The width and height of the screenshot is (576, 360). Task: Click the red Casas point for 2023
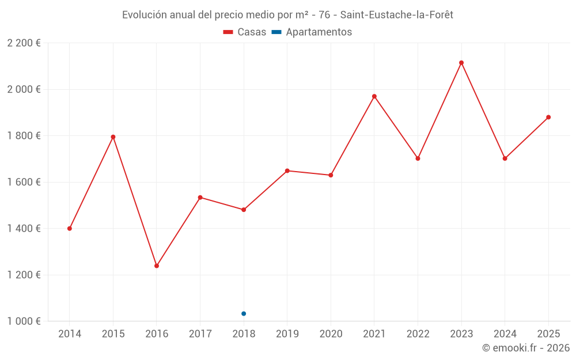461,63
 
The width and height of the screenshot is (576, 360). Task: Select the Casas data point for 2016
157,266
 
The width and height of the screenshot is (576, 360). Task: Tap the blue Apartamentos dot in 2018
244,313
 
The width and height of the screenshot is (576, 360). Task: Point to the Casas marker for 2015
113,137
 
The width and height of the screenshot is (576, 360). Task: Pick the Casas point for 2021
374,96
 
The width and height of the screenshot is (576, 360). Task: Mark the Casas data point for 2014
70,229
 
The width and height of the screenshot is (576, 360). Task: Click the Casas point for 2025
548,118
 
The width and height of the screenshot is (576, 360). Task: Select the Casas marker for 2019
287,170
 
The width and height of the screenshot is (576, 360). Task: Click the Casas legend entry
245,32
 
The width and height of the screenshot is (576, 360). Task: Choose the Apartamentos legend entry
312,32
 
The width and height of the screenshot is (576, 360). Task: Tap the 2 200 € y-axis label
24,43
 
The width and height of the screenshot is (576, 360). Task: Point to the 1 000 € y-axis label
24,321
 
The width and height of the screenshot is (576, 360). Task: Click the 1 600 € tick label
24,182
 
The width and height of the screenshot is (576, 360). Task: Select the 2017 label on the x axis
200,334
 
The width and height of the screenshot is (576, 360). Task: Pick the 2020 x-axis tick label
331,334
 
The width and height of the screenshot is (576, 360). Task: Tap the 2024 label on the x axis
505,334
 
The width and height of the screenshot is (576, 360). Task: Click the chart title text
287,15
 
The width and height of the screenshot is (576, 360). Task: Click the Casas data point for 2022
418,158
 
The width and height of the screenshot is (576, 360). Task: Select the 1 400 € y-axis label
24,229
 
